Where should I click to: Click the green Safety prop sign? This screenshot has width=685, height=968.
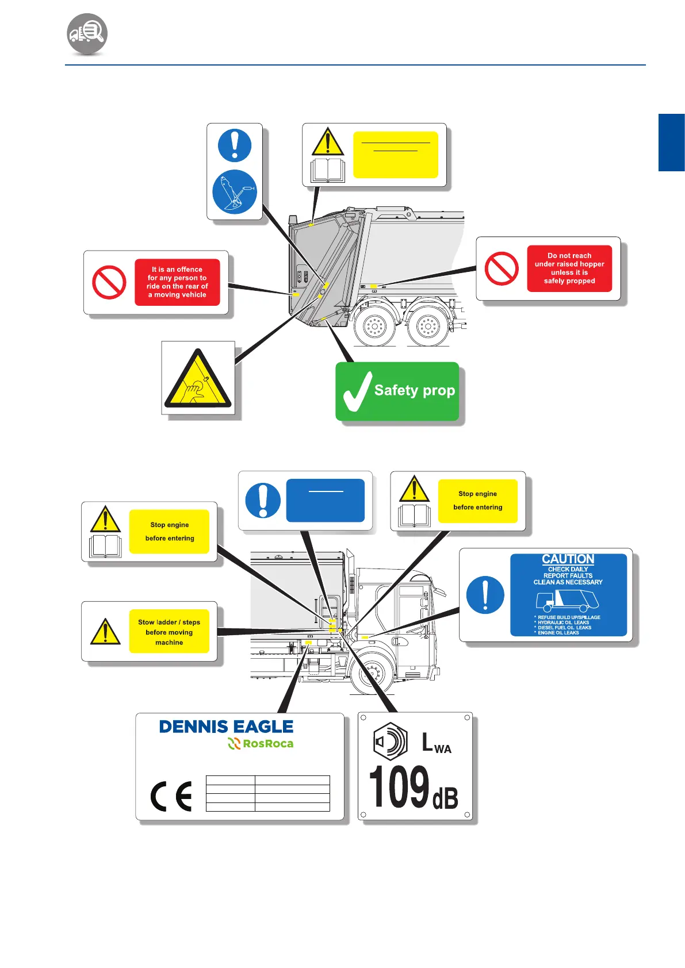(397, 391)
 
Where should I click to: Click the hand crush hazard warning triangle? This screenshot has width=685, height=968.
(198, 380)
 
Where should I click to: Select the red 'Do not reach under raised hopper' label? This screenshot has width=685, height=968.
(569, 268)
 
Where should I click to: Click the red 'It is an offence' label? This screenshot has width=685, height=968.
(177, 282)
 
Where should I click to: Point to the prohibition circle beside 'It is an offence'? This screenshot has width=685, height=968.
(109, 282)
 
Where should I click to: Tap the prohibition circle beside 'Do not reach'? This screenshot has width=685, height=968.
(502, 268)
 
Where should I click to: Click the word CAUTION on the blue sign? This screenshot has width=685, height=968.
(568, 559)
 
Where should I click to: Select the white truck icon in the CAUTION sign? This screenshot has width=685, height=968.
(567, 601)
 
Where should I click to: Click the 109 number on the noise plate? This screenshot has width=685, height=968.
(399, 787)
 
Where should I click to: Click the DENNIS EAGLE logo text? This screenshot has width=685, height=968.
(226, 727)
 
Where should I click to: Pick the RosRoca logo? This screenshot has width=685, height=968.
(261, 744)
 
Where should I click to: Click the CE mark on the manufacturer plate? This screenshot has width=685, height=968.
(171, 797)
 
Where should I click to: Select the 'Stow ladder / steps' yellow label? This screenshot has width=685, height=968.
(169, 632)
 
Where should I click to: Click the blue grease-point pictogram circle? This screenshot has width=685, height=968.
(235, 192)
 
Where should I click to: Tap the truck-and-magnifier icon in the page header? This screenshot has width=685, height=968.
(87, 33)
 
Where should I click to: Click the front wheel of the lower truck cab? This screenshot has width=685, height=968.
(372, 671)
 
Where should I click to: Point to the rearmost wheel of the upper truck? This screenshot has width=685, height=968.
(374, 326)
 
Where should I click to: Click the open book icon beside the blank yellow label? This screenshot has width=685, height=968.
(327, 171)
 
